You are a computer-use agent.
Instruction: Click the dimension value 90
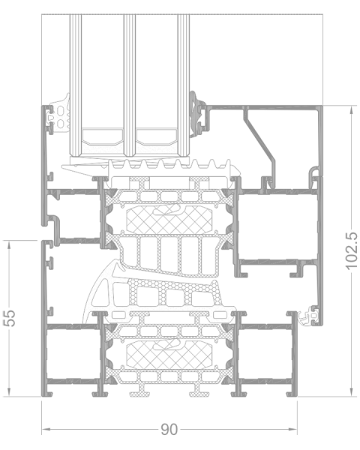coord(169,429)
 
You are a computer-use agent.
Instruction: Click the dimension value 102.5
coord(352,251)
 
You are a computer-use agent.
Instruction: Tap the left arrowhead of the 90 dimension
coord(46,429)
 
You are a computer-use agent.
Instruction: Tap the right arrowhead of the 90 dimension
coord(292,429)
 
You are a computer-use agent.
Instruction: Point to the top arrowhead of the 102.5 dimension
coord(352,110)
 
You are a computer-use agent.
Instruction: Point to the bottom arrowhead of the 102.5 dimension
coord(352,392)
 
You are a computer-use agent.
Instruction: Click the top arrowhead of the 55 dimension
coord(9,245)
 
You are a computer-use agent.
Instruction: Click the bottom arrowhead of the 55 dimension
coord(9,392)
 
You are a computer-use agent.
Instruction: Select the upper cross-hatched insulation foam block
coord(169,220)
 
